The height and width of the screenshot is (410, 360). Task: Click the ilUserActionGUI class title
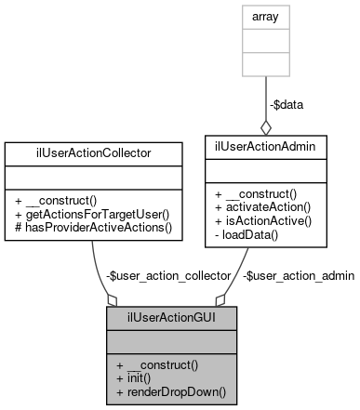click(x=166, y=318)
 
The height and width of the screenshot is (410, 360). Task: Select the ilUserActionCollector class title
click(x=92, y=150)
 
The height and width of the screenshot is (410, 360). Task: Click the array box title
click(x=266, y=17)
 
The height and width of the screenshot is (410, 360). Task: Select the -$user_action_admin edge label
click(x=298, y=276)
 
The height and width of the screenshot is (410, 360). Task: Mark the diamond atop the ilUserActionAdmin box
click(x=266, y=126)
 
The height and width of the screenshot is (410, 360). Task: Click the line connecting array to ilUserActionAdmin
click(x=266, y=93)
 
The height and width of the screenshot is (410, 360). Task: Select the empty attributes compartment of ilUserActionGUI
click(x=166, y=341)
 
